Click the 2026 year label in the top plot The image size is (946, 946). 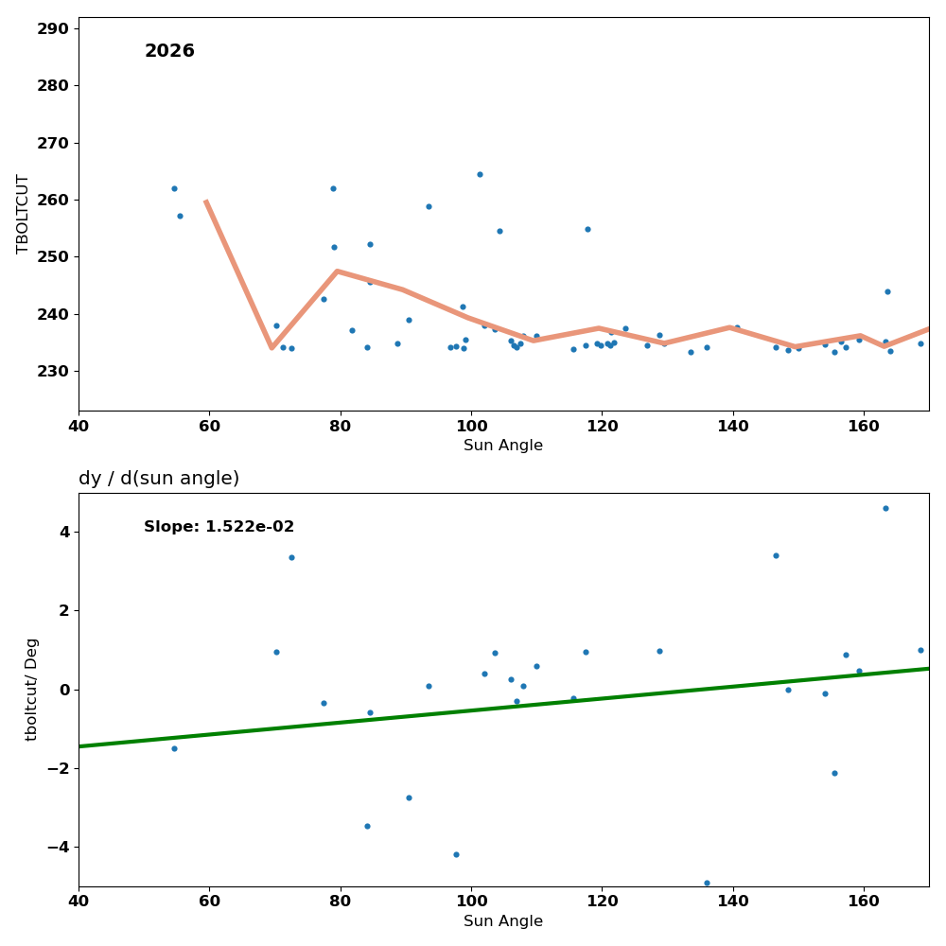169,51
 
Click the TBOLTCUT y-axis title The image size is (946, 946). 23,214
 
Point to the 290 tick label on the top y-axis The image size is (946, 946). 53,28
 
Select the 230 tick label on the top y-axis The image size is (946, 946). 53,371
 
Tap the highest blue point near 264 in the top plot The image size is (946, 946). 480,174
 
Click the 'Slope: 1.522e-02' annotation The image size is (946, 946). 219,527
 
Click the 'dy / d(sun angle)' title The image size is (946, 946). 159,479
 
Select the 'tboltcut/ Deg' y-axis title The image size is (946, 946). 32,689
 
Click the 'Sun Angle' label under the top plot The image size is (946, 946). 503,446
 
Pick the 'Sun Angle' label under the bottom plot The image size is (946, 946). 503,921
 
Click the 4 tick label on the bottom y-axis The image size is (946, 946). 64,532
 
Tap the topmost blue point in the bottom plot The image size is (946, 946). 885,508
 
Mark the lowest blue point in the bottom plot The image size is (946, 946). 707,883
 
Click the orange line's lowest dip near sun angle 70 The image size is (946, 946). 272,347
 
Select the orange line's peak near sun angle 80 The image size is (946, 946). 337,272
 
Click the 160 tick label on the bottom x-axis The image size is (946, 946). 864,901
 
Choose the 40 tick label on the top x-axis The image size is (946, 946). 79,426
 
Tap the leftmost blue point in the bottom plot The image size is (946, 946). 174,748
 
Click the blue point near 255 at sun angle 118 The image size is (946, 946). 587,229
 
